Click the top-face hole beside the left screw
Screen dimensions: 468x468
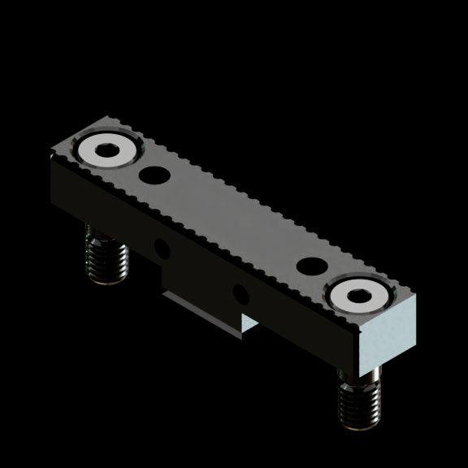(x=151, y=174)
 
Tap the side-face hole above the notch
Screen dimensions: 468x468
(x=238, y=291)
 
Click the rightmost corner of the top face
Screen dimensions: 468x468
(x=416, y=295)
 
